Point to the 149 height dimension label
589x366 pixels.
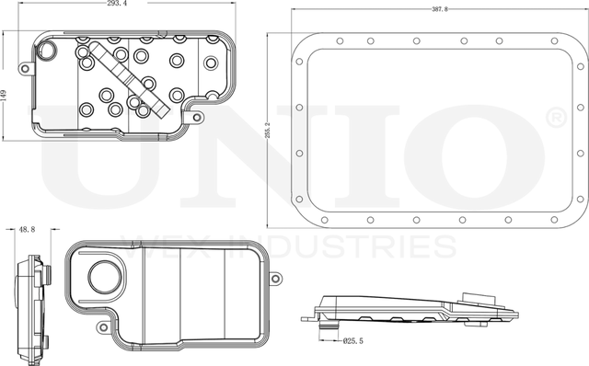tap(4, 95)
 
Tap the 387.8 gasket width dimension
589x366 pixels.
tap(440, 9)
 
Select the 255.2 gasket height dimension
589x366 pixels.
tap(268, 130)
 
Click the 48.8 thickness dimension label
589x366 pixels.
tap(27, 229)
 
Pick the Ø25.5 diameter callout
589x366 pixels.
tap(353, 341)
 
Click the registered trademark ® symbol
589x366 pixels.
tap(556, 118)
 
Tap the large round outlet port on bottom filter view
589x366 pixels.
tap(105, 277)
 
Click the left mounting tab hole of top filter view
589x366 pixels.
tap(25, 69)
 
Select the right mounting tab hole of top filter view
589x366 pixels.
tap(197, 118)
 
